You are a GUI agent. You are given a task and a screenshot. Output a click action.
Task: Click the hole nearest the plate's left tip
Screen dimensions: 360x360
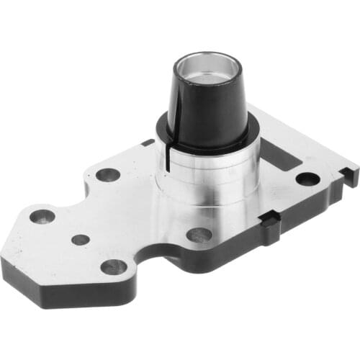pyautogui.click(x=42, y=216)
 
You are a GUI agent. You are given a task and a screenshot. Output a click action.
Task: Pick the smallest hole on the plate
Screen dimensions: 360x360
pyautogui.click(x=81, y=239)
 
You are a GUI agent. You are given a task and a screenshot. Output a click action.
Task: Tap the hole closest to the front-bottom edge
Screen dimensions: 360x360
pyautogui.click(x=114, y=267)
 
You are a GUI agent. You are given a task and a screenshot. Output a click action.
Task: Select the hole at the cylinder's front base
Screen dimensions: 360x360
pyautogui.click(x=199, y=235)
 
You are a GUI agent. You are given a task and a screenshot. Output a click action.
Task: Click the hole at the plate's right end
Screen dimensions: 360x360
pyautogui.click(x=307, y=178)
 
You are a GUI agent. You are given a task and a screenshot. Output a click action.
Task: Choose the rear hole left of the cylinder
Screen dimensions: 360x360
pyautogui.click(x=108, y=174)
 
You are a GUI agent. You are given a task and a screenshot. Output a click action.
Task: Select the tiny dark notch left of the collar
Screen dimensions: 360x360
pyautogui.click(x=148, y=143)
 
